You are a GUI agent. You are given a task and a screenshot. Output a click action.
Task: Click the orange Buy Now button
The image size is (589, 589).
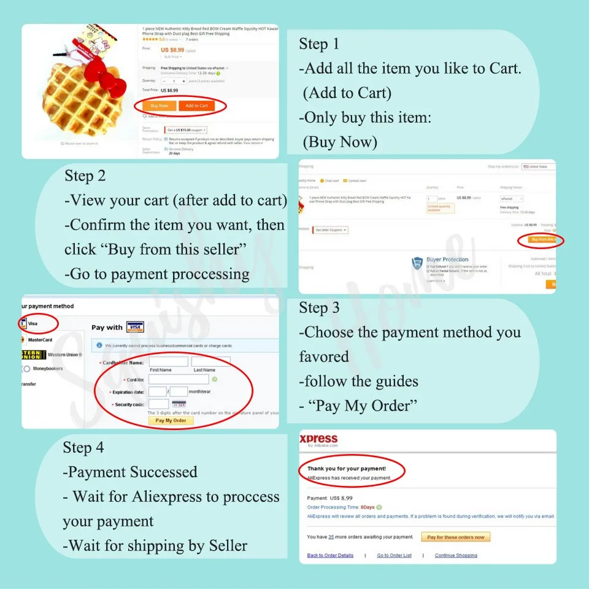point(159,106)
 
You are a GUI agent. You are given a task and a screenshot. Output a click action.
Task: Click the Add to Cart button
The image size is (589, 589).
point(196,106)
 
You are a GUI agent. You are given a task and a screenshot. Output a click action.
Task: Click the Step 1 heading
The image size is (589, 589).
point(318,44)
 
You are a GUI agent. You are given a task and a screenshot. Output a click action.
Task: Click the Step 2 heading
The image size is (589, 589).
point(85,176)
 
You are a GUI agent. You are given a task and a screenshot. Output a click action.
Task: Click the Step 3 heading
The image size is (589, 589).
point(319,308)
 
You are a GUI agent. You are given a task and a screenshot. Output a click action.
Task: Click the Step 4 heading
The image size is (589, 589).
point(83,448)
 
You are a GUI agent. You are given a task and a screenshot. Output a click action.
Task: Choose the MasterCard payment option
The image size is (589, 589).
point(38,340)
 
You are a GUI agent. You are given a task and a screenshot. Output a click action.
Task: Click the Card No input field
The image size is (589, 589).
point(178,380)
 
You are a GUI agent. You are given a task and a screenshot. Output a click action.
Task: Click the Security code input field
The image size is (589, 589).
point(158,404)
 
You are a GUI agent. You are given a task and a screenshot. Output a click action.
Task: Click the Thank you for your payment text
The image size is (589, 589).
point(347,469)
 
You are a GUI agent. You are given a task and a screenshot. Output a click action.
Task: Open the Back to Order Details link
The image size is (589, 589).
point(330,555)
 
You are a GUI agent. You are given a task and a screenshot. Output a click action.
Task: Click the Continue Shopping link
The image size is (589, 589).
point(455,555)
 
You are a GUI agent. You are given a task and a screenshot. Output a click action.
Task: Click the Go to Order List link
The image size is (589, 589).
point(394,555)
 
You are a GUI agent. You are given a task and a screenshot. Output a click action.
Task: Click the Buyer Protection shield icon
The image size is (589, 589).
point(418,264)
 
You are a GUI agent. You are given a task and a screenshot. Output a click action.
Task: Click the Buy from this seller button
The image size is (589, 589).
point(543,240)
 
